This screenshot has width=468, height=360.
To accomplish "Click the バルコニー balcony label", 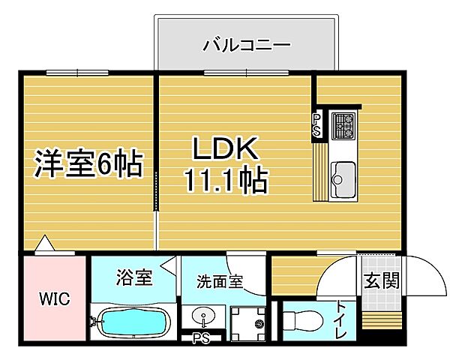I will coord(246,45).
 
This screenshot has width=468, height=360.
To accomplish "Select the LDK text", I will coord(226,148).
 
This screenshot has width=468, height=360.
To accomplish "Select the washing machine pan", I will coord(248,323).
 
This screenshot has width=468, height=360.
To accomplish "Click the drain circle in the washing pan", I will coord(259,324).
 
